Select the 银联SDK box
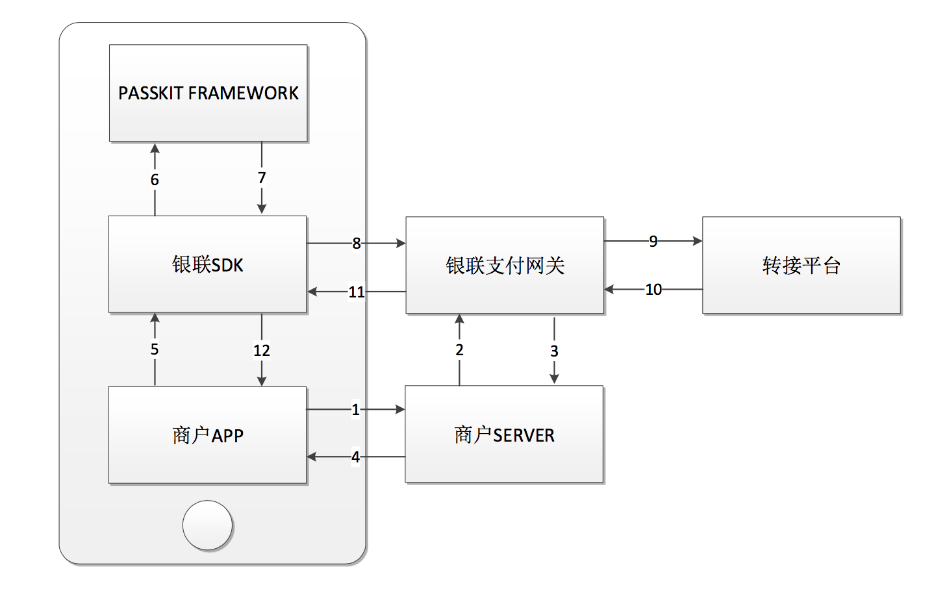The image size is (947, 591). click(x=207, y=264)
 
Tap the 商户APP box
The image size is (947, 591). click(x=207, y=434)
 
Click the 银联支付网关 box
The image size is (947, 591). click(x=505, y=265)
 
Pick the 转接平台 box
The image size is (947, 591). click(x=801, y=265)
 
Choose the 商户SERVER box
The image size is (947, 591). click(x=504, y=434)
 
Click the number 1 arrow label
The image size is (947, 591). click(x=355, y=410)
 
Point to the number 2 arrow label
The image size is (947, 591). click(x=459, y=350)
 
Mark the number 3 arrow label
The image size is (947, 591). click(x=554, y=351)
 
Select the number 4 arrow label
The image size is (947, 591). click(x=355, y=457)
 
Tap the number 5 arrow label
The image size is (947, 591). click(x=155, y=349)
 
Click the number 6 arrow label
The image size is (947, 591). click(x=155, y=180)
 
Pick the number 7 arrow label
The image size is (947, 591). click(x=262, y=178)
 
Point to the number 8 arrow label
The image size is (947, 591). click(x=357, y=244)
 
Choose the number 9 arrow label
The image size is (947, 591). click(x=653, y=242)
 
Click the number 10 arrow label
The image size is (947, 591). click(x=653, y=290)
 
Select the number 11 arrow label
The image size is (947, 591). click(x=357, y=292)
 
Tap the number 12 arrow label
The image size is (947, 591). click(x=262, y=351)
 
